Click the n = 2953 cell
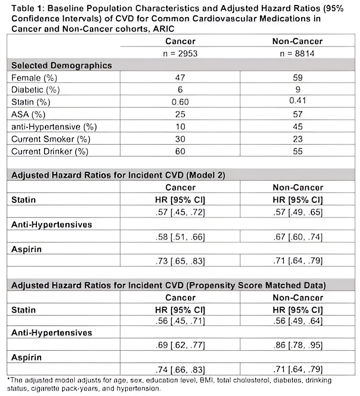tap(180, 54)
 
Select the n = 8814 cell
tap(297, 54)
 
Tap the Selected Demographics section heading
tap(61, 65)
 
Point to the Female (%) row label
tap(34, 78)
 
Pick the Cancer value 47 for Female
tap(180, 78)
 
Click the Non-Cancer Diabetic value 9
tap(297, 90)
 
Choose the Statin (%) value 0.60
tap(180, 102)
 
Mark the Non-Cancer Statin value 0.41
tap(297, 102)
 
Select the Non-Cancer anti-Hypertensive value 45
tap(297, 126)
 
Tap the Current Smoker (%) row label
tap(51, 139)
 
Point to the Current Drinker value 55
tap(297, 151)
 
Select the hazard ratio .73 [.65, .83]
tap(180, 261)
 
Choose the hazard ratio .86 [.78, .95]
tap(297, 346)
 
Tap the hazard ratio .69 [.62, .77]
tap(180, 346)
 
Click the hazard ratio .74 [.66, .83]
tap(180, 370)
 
